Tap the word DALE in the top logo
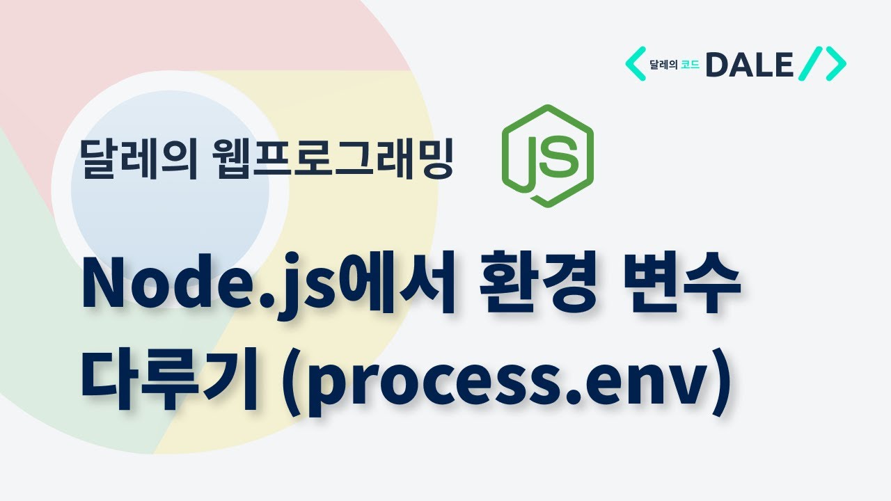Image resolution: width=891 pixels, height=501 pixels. tap(749, 65)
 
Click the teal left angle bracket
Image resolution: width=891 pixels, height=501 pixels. tap(635, 65)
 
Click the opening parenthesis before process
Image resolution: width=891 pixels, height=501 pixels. tap(282, 385)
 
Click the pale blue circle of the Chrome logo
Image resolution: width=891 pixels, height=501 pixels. tap(171, 174)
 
